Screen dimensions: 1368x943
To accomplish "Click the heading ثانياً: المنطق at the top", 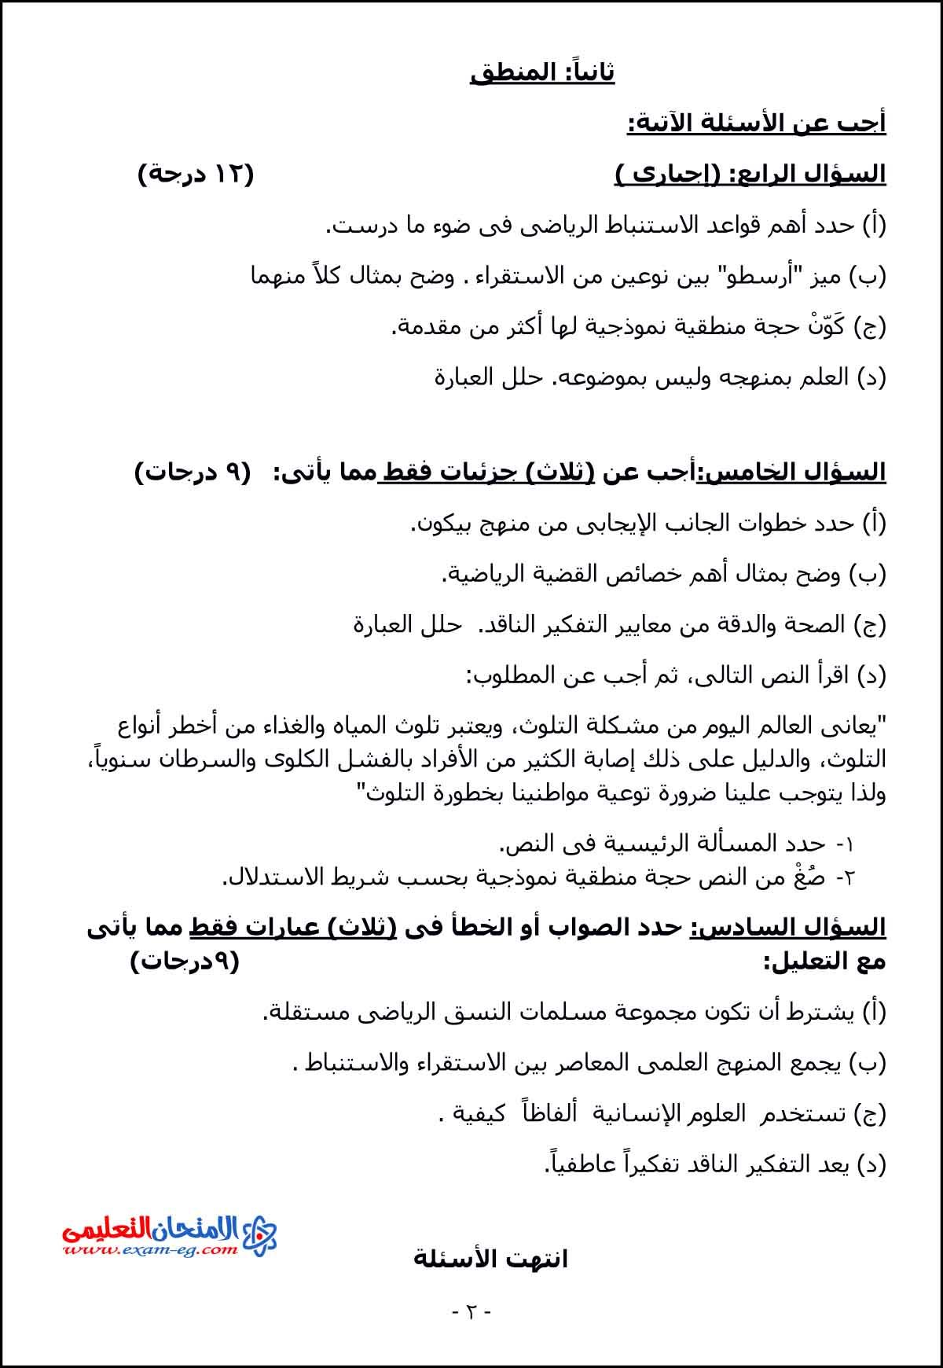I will point(542,72).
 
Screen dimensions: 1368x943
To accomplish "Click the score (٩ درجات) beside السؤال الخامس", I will point(193,473).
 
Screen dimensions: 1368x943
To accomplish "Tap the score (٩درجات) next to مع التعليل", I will point(185,961).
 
